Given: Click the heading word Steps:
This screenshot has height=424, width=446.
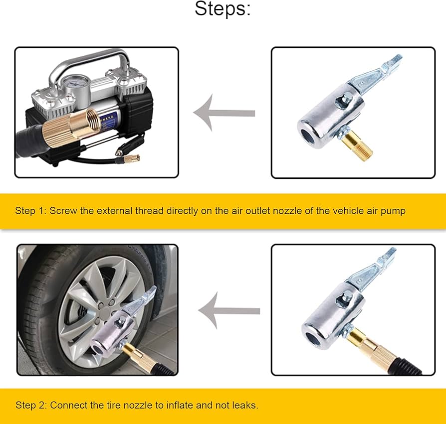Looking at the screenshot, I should click(x=223, y=9).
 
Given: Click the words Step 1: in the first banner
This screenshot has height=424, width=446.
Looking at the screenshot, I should click(x=30, y=211).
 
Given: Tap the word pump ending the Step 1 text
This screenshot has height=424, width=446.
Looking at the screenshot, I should click(x=394, y=211).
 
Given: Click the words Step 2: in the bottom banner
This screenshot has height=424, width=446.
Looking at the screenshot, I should click(x=31, y=405).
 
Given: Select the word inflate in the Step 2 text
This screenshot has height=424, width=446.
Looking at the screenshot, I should click(x=182, y=405).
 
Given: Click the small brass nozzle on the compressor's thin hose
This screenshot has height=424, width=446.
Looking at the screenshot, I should click(x=131, y=158).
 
